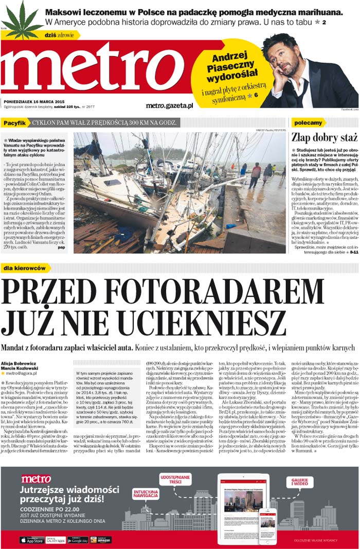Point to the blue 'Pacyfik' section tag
[15, 123]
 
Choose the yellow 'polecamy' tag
[309, 123]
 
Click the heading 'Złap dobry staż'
[324, 138]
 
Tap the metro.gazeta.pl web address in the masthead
[169, 105]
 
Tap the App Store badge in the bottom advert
[32, 540]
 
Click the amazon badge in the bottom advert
[101, 540]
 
